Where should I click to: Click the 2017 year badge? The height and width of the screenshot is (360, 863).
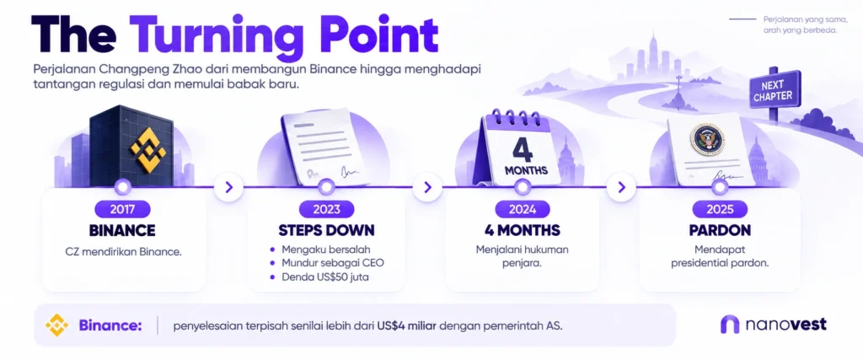pos(122,209)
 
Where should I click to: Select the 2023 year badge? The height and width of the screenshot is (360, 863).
pos(326,209)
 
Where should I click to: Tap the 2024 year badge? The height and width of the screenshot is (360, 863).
pos(523,209)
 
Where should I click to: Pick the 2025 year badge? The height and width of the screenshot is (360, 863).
pos(720,209)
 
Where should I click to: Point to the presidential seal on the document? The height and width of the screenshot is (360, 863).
pos(708,139)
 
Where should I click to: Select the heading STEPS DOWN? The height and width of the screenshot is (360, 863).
pos(326,230)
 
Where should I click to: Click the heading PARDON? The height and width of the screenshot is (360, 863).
pos(720,230)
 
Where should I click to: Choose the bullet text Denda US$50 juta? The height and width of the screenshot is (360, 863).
pos(325,277)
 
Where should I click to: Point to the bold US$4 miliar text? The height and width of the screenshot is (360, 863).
pos(407,325)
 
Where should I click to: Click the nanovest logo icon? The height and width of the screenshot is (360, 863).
pos(730,325)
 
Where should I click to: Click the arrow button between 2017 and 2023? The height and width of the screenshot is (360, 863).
pos(229,187)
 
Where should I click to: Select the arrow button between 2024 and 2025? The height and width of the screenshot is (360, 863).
pos(621,187)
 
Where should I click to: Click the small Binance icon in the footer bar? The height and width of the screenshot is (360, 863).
pos(57,325)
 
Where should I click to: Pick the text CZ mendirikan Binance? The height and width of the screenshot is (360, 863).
pos(123,252)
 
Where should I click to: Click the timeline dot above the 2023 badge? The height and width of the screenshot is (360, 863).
pos(327,187)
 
